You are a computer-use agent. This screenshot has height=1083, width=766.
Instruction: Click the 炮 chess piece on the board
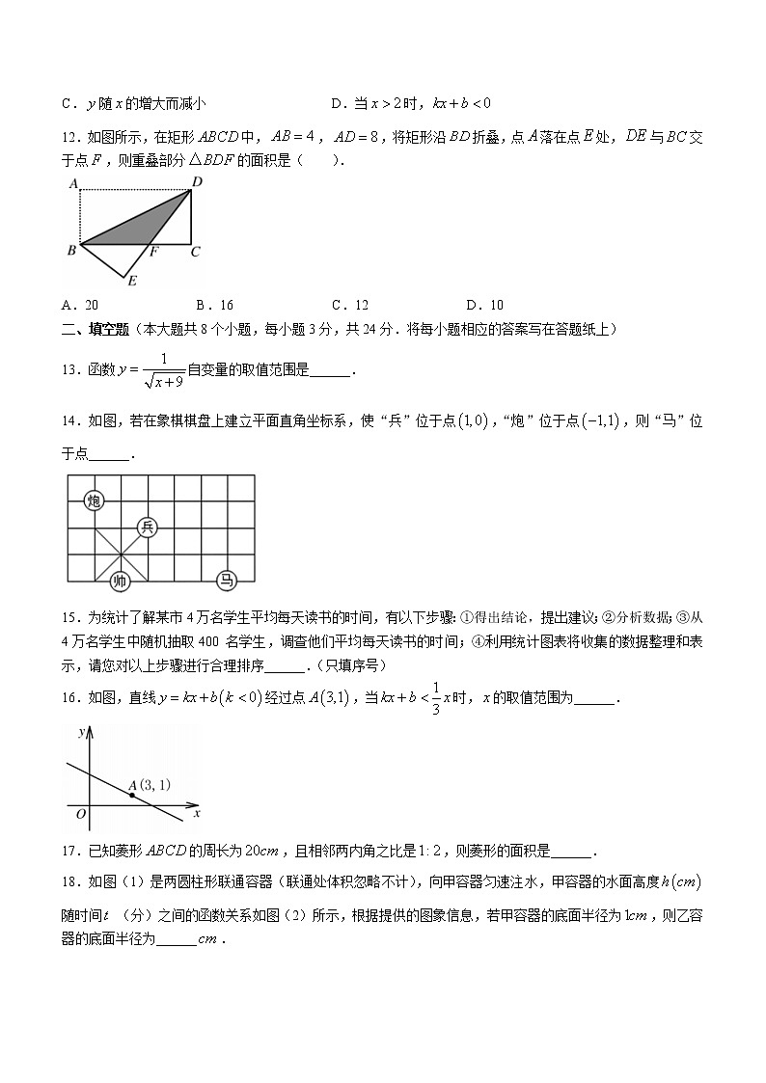tap(94, 500)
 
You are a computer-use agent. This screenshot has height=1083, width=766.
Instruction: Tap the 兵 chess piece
tap(147, 527)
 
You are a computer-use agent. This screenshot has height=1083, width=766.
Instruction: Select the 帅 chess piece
tap(120, 580)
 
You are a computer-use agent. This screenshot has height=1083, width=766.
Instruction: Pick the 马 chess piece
tap(226, 580)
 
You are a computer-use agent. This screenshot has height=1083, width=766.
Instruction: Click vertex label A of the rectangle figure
tap(72, 182)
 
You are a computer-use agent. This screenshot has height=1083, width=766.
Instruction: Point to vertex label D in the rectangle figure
tap(196, 181)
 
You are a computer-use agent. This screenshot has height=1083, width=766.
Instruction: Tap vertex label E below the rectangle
tap(131, 282)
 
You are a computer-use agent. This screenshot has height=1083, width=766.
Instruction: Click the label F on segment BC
tap(151, 253)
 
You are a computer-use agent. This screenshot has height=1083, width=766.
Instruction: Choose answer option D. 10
tap(484, 306)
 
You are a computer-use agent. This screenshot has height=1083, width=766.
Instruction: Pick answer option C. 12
tap(350, 306)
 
